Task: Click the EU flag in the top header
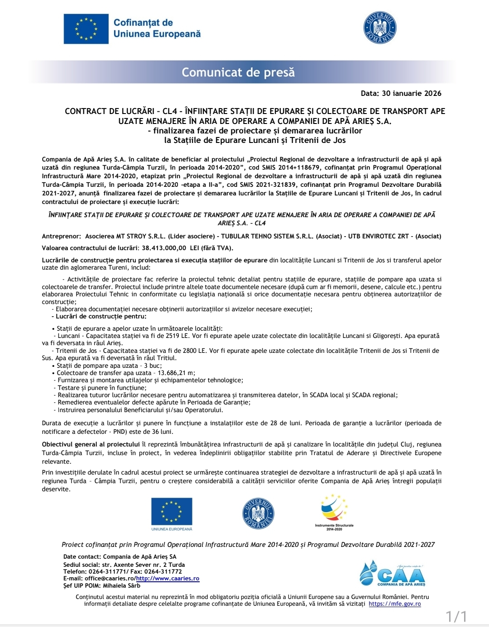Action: [86, 28]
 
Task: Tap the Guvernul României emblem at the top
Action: [380, 28]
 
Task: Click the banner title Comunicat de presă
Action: [238, 72]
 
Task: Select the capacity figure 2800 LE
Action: [192, 351]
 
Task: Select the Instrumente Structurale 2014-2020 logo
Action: [334, 512]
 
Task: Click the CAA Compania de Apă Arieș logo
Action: [393, 573]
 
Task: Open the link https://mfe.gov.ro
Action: [394, 604]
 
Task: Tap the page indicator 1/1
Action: [456, 616]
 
